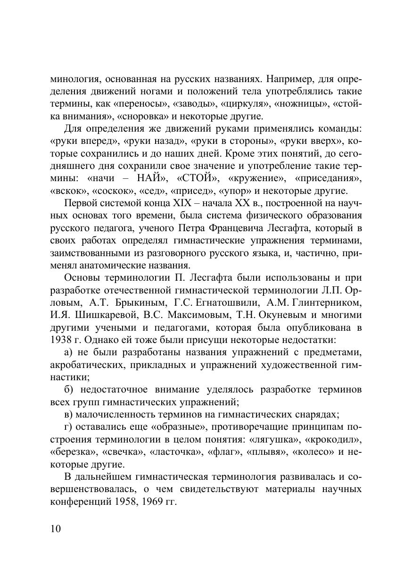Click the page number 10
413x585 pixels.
point(55,528)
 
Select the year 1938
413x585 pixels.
point(64,339)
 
